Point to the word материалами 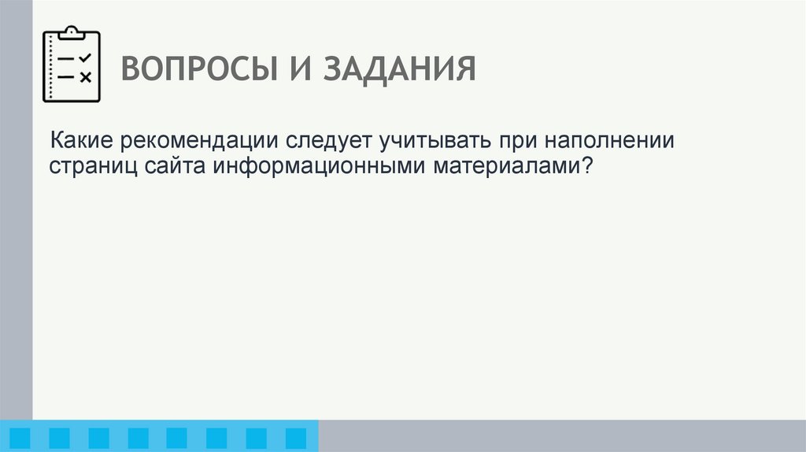pos(505,167)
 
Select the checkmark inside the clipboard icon pos(86,57)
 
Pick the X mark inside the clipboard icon pos(86,76)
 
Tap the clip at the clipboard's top pos(72,31)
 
